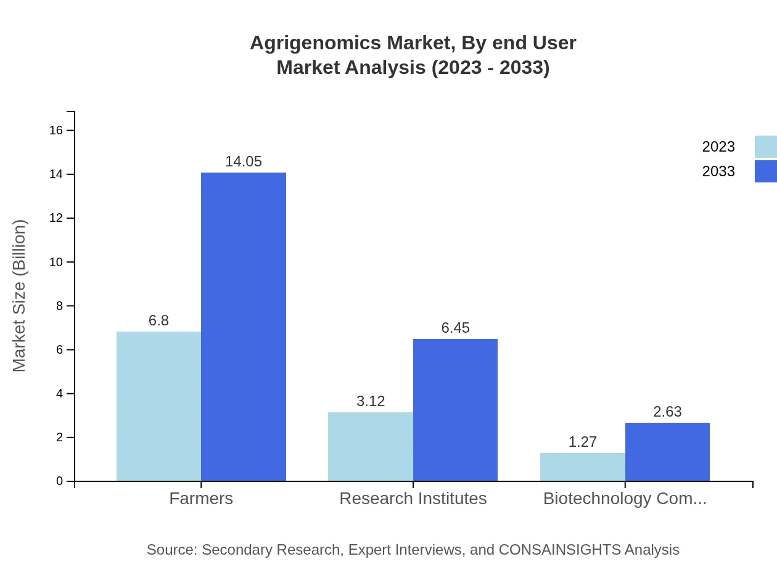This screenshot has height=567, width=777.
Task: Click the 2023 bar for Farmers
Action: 158,406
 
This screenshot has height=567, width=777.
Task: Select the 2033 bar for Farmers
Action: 244,327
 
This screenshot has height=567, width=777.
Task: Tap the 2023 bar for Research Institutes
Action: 371,446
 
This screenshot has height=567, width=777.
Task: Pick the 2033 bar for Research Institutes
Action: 455,410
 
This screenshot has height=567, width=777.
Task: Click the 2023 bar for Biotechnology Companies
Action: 583,467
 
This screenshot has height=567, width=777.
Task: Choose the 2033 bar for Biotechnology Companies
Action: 667,452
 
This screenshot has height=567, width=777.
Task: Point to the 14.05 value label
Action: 244,161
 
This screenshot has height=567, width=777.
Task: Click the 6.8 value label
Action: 158,320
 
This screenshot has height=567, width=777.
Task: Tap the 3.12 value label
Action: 371,401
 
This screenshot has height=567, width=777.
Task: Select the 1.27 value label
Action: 583,442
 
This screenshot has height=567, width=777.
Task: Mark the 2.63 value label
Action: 667,412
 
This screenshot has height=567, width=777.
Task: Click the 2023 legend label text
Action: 718,147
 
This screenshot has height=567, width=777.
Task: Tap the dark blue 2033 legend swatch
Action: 766,171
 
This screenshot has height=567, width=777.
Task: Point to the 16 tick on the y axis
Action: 56,130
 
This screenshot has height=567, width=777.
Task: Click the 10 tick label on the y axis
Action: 56,262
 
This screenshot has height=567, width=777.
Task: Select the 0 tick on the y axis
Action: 60,481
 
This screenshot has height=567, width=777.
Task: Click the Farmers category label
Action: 201,498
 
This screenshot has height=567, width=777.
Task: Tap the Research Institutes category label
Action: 413,498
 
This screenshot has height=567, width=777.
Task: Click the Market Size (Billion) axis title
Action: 20,296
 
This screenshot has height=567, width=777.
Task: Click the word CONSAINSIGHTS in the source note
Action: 559,549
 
